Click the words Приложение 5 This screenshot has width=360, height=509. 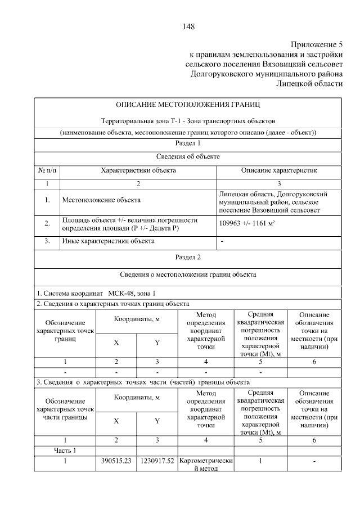[316, 44]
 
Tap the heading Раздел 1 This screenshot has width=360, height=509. [188, 144]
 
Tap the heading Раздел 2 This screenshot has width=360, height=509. [188, 258]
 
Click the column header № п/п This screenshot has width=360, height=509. [47, 170]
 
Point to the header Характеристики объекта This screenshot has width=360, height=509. [138, 170]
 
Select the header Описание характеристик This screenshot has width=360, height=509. [279, 170]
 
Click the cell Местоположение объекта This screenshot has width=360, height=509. [101, 200]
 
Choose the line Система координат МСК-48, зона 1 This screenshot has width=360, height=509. [96, 293]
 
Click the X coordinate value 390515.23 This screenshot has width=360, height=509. [116, 461]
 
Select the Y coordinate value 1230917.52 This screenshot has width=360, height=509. [156, 461]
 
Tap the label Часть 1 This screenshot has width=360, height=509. [65, 450]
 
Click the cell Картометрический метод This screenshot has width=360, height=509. [205, 465]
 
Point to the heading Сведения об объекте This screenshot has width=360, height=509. [188, 156]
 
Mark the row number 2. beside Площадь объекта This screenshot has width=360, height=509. [47, 223]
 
